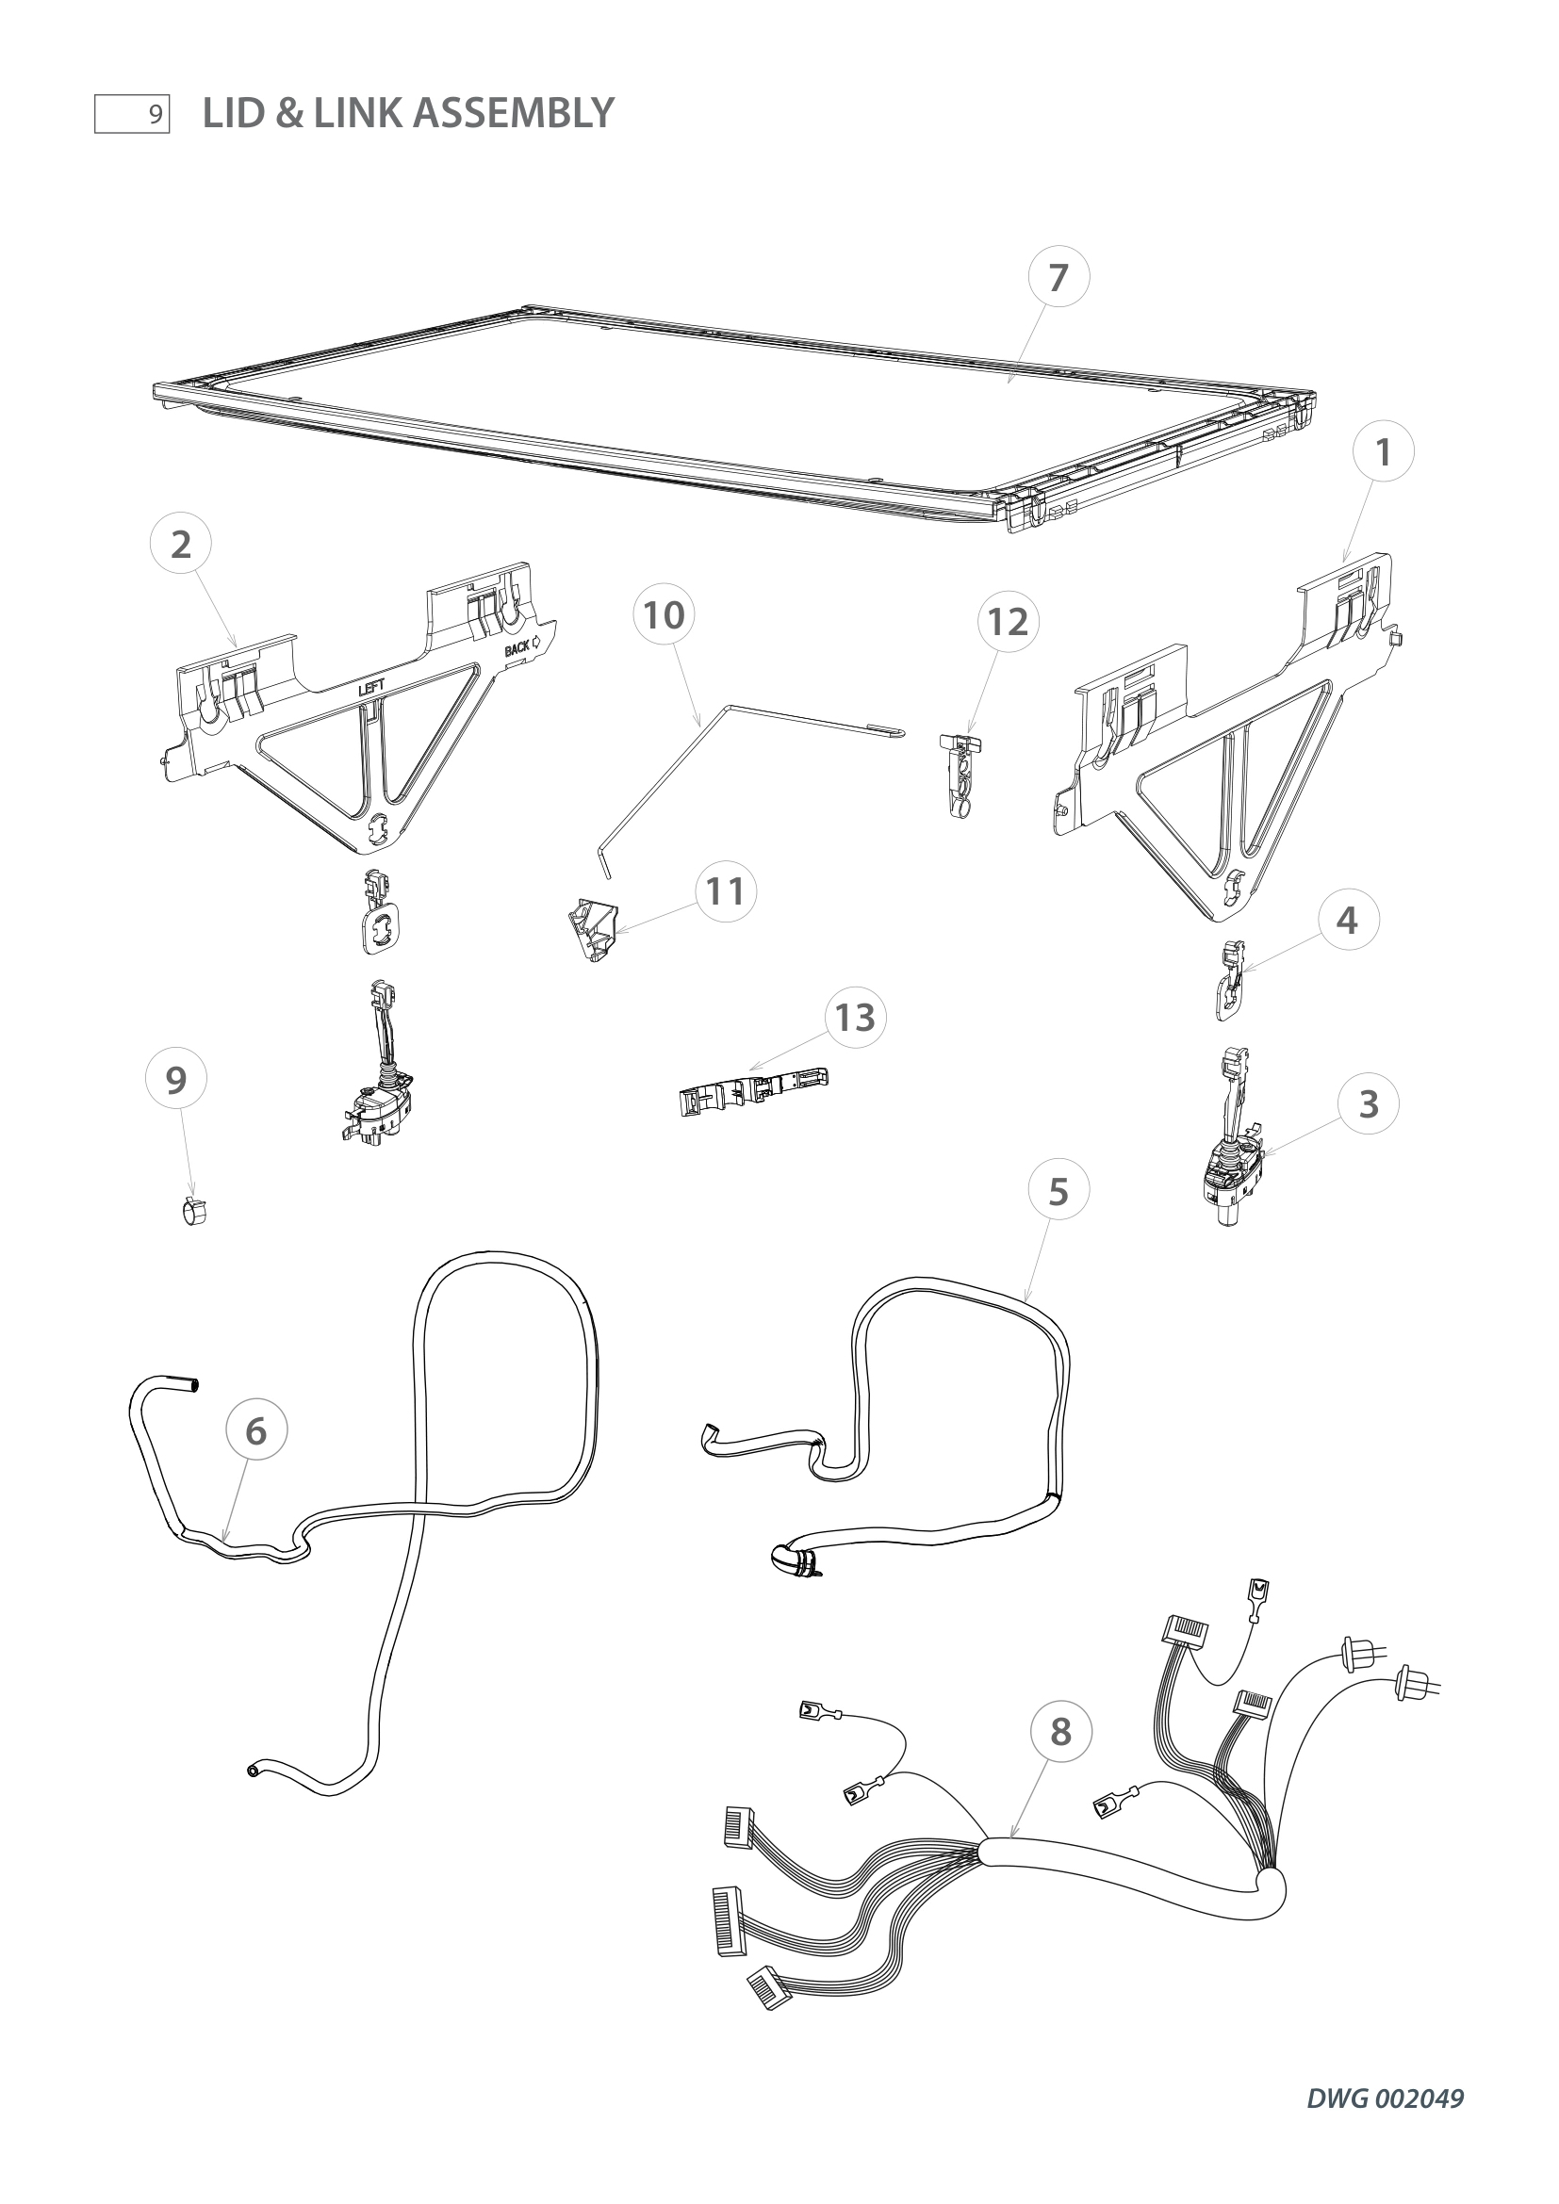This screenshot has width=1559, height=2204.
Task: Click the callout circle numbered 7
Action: coord(1058,277)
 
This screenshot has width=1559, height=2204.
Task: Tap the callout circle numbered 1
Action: coord(1384,452)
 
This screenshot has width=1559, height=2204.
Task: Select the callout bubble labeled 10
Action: coord(664,615)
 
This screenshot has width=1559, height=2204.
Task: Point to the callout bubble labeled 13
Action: coord(854,1018)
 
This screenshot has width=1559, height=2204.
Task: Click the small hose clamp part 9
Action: coord(196,1213)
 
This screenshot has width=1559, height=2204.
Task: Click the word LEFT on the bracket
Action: coord(371,688)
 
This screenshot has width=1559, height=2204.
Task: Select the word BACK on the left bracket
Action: coord(517,648)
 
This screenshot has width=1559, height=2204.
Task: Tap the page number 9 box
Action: coord(133,114)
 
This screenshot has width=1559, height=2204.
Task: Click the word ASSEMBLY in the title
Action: coord(515,113)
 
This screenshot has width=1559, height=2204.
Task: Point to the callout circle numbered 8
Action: coord(1059,1733)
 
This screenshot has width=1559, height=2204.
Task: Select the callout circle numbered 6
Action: coord(255,1431)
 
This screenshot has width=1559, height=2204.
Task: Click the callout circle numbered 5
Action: coord(1058,1192)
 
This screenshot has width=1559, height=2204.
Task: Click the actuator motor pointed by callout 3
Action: coord(1233,1176)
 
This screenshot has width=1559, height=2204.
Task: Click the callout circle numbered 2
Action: coord(180,546)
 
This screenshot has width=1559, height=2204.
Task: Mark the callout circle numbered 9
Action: coord(175,1081)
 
